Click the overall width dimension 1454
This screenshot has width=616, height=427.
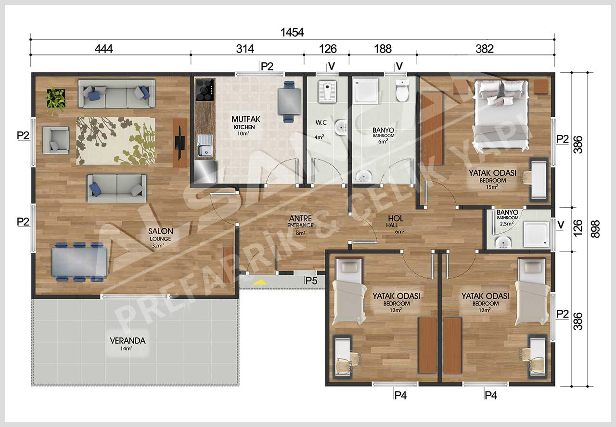point(292,32)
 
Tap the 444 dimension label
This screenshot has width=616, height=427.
point(103,49)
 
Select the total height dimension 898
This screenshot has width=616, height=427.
point(595,229)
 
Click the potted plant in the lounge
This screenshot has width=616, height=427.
point(56,99)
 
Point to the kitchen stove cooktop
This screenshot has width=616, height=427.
point(205,90)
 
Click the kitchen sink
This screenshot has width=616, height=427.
point(205,146)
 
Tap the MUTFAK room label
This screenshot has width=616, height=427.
point(246,119)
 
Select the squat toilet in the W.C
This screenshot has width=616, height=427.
point(327,91)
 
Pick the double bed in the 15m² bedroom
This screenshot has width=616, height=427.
point(500,115)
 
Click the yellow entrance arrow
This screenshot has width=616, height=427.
point(260,282)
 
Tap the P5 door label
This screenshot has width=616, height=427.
point(311,280)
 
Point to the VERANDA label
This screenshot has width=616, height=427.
point(128,341)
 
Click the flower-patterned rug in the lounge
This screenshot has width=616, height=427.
point(116,141)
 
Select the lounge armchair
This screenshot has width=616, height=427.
point(56,140)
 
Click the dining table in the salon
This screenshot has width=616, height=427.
point(79,262)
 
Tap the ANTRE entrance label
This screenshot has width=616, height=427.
point(300,218)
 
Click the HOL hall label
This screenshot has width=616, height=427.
point(396,218)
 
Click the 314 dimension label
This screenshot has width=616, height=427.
point(245,49)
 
